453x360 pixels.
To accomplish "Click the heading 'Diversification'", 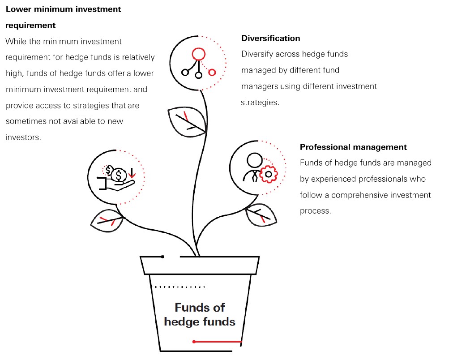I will click(270, 38).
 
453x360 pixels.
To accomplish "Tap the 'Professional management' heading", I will click(353, 147).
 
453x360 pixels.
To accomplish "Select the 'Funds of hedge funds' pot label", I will click(200, 314).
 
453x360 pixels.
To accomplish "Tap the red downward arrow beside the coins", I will click(132, 172).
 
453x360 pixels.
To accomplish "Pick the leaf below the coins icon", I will click(107, 220).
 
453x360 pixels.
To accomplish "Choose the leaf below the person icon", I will click(261, 214).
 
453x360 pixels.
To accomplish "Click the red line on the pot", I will click(218, 342).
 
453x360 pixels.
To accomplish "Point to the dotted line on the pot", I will click(179, 287).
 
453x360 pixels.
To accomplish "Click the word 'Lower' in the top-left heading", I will click(18, 9).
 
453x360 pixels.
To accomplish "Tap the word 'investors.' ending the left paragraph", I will click(23, 137).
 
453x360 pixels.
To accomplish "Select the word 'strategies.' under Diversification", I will click(260, 102).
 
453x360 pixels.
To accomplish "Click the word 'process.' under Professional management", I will click(316, 210).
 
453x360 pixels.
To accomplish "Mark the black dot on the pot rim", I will click(162, 257).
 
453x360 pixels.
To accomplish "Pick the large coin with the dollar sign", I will click(119, 175).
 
